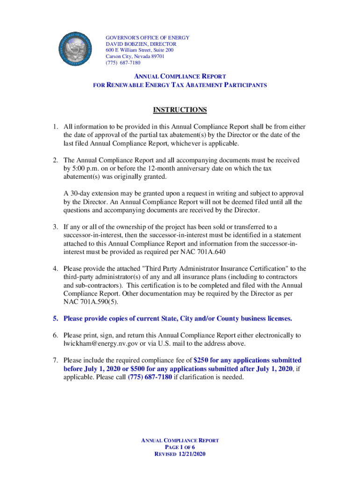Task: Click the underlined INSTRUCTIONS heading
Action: click(180, 110)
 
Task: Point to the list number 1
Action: click(55, 127)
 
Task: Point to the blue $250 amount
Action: click(201, 360)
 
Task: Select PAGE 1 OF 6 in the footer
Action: click(180, 448)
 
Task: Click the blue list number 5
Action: click(55, 319)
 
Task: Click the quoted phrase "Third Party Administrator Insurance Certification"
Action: click(205, 269)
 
